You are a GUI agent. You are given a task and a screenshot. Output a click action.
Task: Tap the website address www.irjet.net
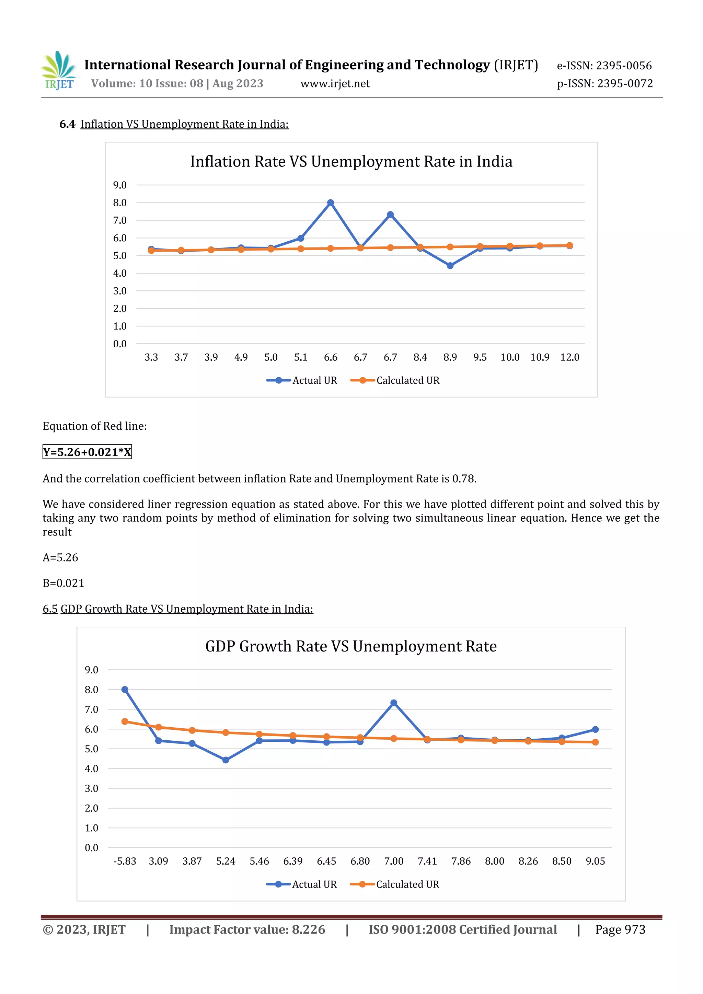click(x=335, y=83)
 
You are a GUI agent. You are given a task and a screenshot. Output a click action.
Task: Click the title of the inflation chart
click(x=351, y=161)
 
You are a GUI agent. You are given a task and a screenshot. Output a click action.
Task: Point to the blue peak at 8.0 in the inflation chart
click(x=331, y=203)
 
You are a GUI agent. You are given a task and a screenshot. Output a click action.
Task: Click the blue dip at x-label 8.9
click(x=450, y=265)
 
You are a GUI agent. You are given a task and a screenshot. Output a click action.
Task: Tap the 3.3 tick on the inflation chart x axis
click(x=151, y=357)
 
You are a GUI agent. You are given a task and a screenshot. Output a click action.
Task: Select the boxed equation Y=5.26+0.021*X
click(x=87, y=452)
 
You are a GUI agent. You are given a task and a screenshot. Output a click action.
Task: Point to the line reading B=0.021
click(x=63, y=583)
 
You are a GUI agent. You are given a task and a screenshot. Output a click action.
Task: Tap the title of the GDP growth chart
click(x=350, y=646)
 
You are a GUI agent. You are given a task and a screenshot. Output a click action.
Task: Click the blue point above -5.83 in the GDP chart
click(x=125, y=689)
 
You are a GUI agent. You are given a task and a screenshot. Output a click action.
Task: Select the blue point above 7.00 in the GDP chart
click(x=393, y=703)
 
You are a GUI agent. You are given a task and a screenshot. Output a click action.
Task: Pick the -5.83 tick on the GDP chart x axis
click(x=125, y=861)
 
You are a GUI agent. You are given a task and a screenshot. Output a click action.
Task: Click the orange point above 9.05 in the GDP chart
click(x=595, y=742)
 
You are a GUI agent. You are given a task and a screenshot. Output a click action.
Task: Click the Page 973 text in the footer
click(x=620, y=929)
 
